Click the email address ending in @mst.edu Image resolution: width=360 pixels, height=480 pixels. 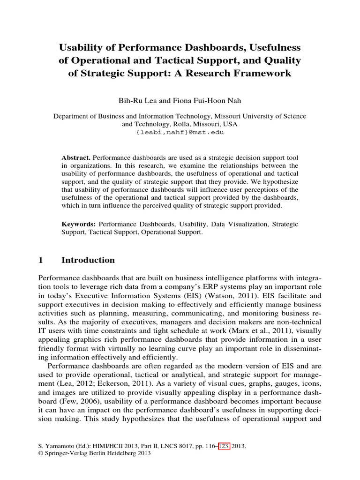[180, 133]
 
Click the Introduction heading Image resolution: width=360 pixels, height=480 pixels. [88, 260]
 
